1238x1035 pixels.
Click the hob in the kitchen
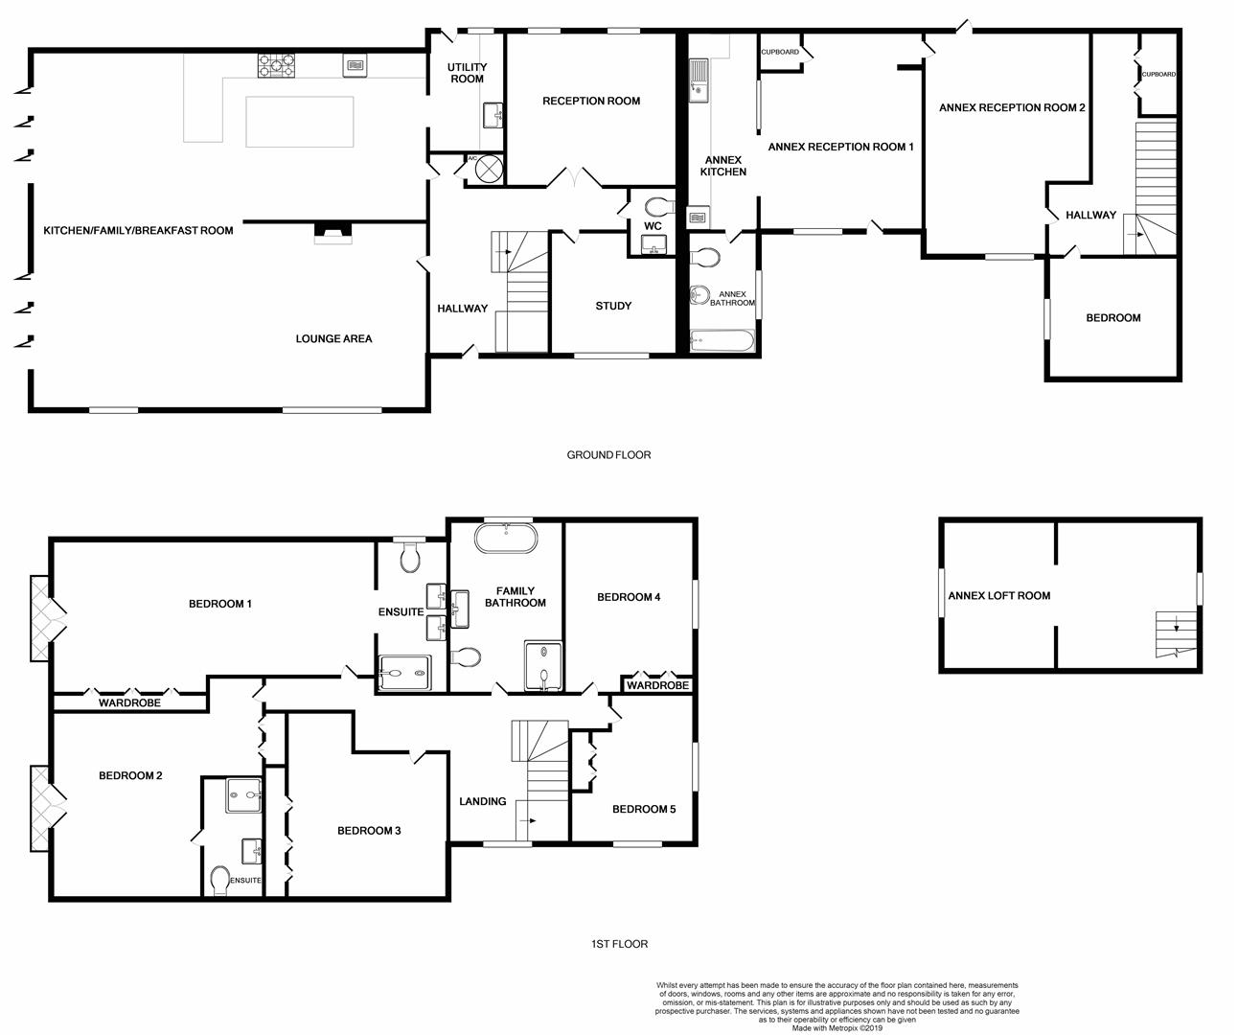[x=276, y=65]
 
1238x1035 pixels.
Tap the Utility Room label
[x=468, y=73]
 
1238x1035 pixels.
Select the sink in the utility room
[x=493, y=115]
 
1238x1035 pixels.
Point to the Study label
[x=613, y=306]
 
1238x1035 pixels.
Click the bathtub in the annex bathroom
[x=722, y=341]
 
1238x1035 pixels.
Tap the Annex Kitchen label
[x=722, y=166]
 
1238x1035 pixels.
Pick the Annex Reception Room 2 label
[x=1012, y=108]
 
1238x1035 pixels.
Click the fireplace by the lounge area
[x=332, y=233]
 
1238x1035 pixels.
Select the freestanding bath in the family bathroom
[x=506, y=538]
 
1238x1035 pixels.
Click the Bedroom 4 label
[x=629, y=597]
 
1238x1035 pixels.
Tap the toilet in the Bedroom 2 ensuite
[x=220, y=881]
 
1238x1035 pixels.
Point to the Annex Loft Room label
[x=999, y=595]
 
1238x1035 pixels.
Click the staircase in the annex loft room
[x=1175, y=634]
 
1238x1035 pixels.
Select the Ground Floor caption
[x=608, y=455]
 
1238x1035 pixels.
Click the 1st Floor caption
[x=619, y=944]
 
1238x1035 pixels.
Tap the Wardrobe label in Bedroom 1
[x=129, y=702]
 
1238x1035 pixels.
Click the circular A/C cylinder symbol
[x=490, y=169]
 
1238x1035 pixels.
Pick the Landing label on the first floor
[x=483, y=801]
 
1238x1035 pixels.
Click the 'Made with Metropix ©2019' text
[x=837, y=1028]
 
